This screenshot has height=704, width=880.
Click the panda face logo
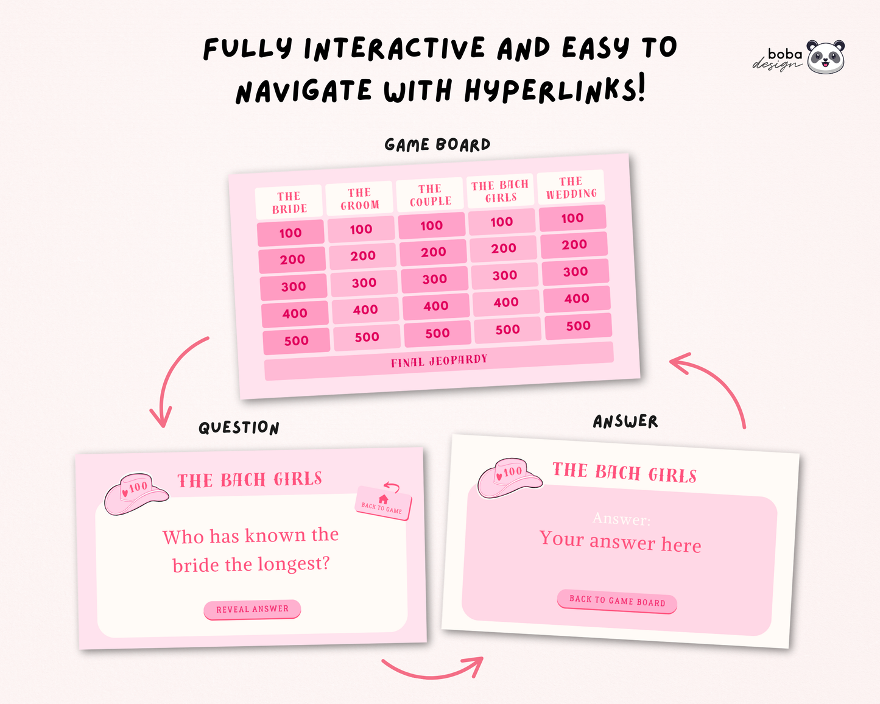[826, 57]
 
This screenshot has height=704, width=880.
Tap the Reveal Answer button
[252, 609]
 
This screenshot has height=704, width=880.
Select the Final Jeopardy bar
[439, 361]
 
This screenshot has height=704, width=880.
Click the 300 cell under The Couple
[435, 280]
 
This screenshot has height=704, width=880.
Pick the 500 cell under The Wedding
[578, 326]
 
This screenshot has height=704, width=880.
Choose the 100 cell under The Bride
[290, 233]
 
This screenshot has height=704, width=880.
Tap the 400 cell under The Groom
[365, 309]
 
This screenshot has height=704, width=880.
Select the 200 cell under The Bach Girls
[504, 248]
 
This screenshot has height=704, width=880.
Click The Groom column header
[359, 199]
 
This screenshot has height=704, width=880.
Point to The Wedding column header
[571, 188]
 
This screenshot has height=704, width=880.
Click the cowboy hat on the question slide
[136, 493]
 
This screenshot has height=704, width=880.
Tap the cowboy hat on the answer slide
[510, 478]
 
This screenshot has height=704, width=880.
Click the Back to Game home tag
[382, 503]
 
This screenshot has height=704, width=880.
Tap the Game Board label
[437, 145]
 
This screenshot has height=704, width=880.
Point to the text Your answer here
[620, 542]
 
